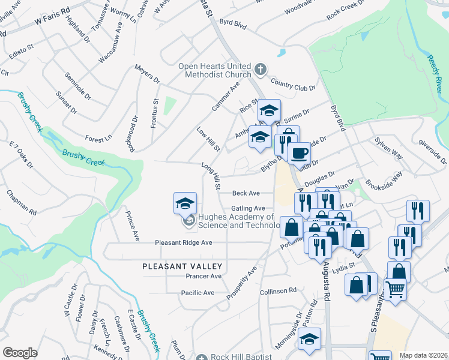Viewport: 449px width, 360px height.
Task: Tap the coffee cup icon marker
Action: (298, 152)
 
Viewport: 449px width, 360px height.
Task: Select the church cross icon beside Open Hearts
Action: (260, 70)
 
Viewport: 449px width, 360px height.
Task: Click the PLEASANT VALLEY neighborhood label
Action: (182, 266)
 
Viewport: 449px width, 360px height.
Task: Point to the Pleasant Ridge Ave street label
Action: (184, 242)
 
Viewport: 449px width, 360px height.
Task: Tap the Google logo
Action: (20, 352)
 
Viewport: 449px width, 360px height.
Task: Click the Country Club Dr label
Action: (293, 85)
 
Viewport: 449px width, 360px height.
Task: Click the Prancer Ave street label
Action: (203, 276)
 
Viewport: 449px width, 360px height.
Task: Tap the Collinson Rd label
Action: (278, 290)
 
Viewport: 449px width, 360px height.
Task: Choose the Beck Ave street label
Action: (246, 193)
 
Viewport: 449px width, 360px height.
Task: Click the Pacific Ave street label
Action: (197, 293)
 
